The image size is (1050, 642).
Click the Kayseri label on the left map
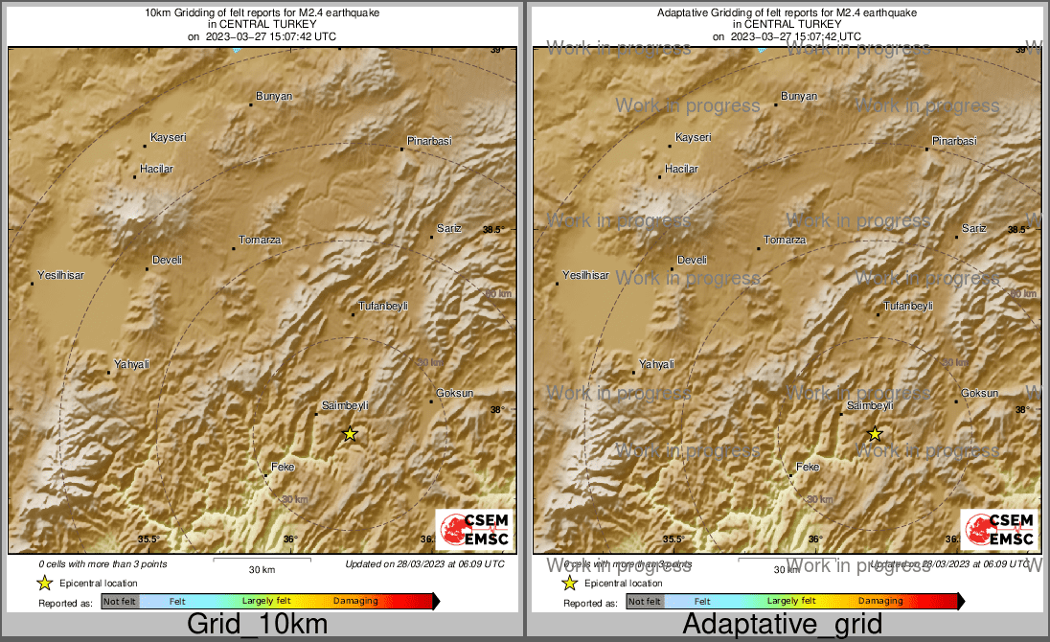[169, 138]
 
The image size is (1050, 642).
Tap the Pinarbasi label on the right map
[954, 142]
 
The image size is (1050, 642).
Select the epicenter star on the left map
[350, 434]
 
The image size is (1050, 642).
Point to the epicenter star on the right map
[875, 434]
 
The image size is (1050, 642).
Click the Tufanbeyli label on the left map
[383, 306]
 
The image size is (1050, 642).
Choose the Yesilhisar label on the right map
[585, 275]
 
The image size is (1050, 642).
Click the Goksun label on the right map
[979, 394]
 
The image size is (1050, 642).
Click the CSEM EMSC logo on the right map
[998, 530]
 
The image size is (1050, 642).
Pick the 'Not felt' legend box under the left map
[120, 602]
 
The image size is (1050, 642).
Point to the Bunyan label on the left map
[274, 97]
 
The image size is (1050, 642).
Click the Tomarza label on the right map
[785, 241]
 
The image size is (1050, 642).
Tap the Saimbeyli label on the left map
[346, 406]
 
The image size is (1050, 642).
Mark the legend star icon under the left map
[44, 583]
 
